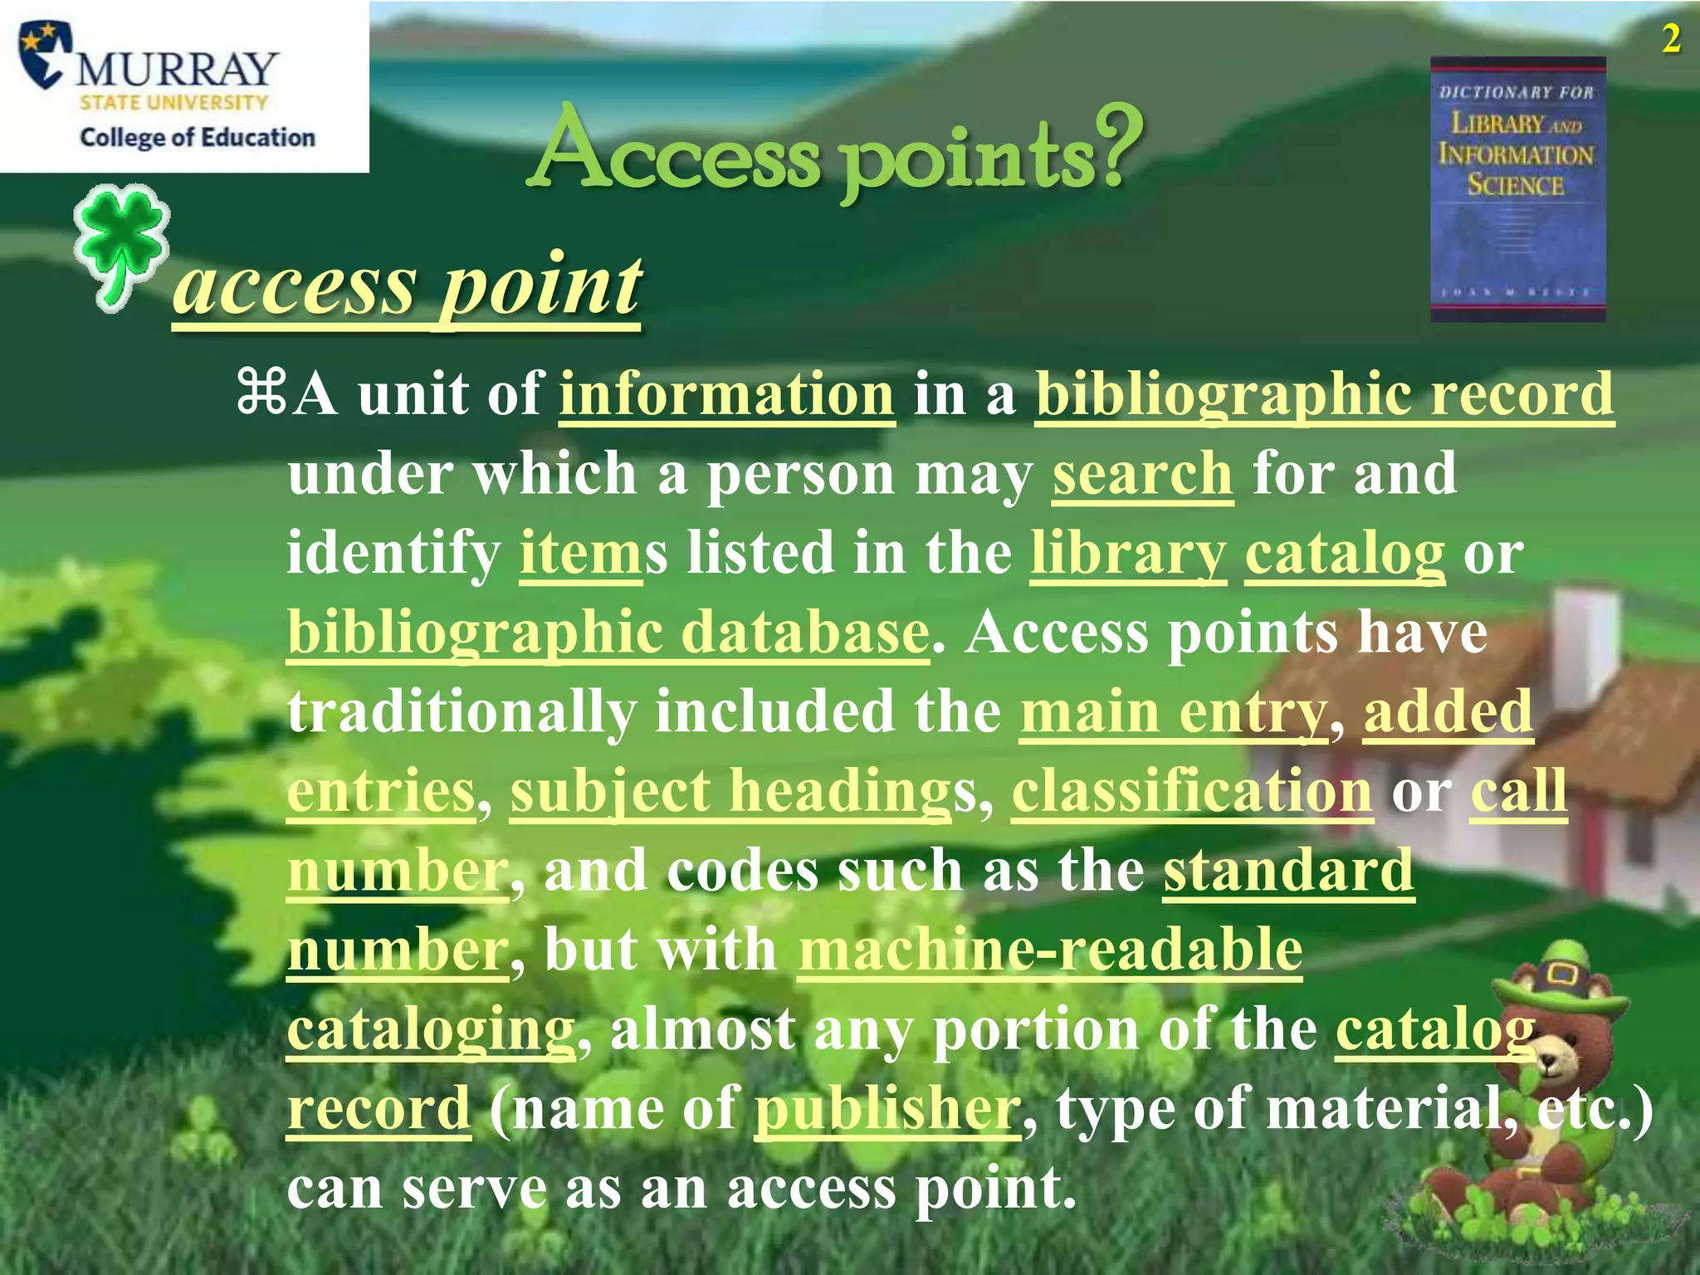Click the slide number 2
tap(1671, 39)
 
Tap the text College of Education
tap(198, 137)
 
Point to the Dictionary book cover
tap(1517, 189)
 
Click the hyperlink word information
tap(726, 393)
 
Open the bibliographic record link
tap(1325, 393)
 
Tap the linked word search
tap(1142, 473)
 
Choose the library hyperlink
tap(1128, 553)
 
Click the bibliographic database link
tap(608, 633)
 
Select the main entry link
tap(1174, 711)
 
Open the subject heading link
tap(730, 791)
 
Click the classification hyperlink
tap(1192, 791)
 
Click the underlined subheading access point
tap(407, 286)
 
